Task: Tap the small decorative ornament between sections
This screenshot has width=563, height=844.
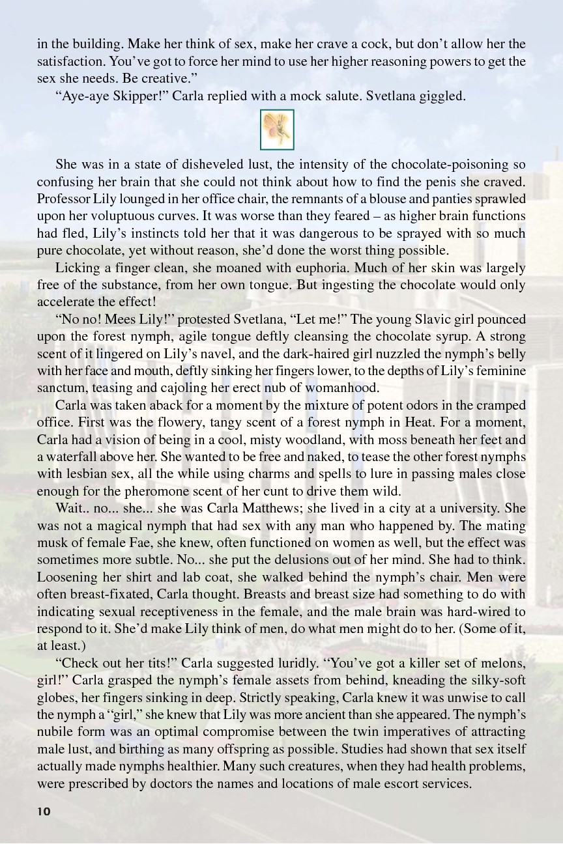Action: [277, 130]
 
